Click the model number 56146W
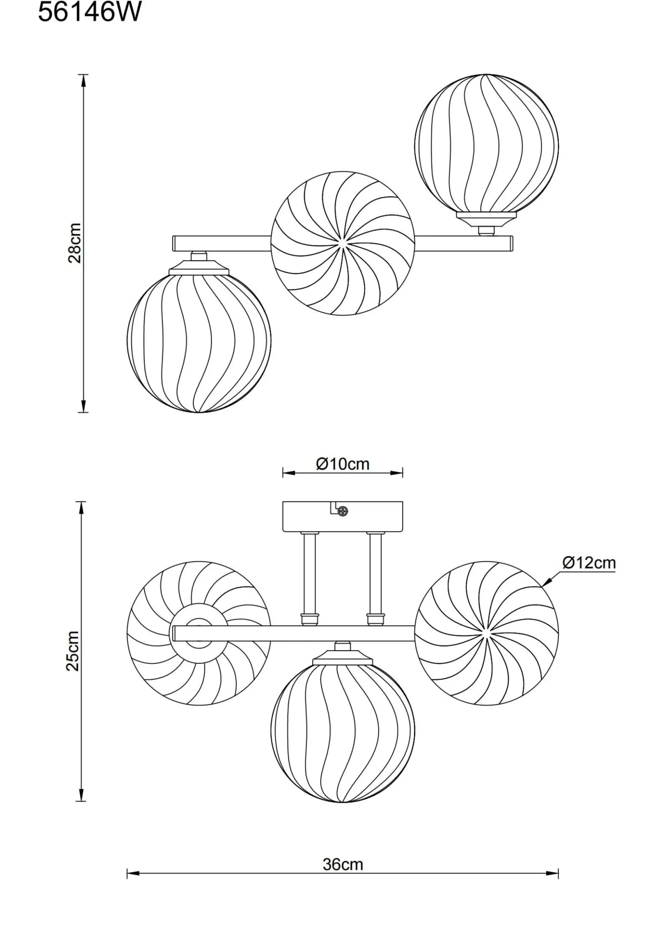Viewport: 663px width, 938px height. point(89,12)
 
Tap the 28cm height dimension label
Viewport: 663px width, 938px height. point(74,243)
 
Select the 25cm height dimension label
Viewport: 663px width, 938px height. point(73,651)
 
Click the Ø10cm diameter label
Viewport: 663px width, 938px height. point(343,464)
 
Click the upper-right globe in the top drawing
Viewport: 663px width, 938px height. point(486,146)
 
